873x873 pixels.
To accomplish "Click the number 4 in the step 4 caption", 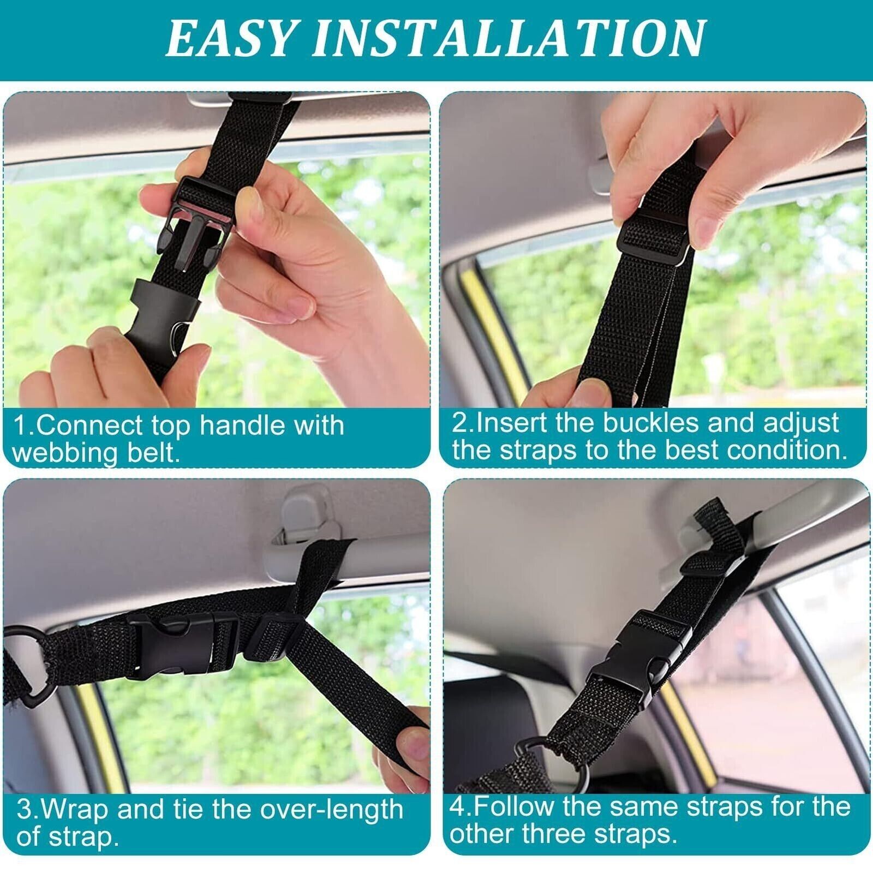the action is pyautogui.click(x=457, y=807).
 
